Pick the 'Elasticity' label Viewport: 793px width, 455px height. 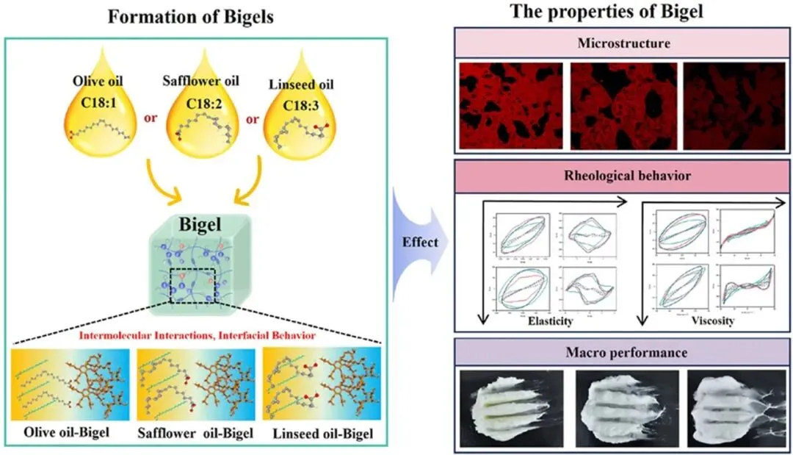coord(550,320)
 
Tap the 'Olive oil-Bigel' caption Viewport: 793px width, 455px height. coord(69,432)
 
